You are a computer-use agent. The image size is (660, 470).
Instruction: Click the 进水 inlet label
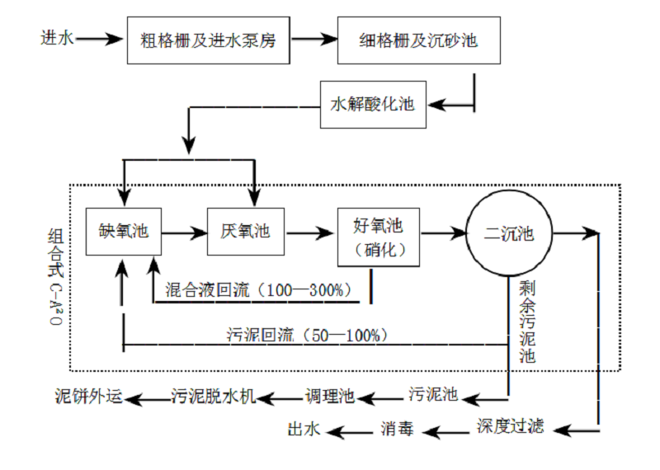tap(57, 38)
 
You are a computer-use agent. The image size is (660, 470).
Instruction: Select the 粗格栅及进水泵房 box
tap(209, 39)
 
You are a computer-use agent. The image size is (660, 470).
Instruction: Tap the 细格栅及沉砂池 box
tap(418, 39)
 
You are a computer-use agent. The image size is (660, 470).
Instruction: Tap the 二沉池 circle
tap(508, 234)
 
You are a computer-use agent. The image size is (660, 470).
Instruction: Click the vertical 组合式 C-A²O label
tap(55, 276)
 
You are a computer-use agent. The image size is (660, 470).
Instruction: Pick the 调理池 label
tap(330, 397)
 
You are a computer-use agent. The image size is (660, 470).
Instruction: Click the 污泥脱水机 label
tap(213, 397)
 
